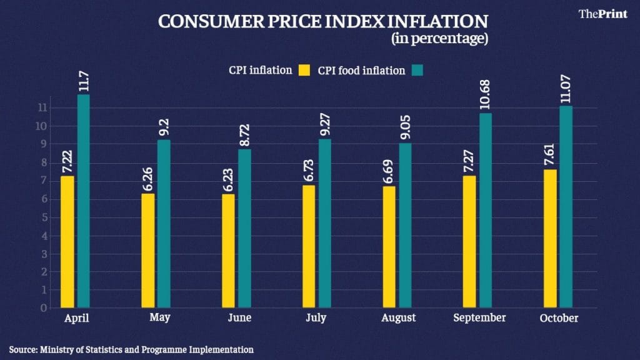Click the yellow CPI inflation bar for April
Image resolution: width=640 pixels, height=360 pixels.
(x=67, y=242)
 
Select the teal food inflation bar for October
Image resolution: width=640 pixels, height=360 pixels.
(x=566, y=207)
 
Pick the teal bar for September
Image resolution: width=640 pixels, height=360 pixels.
(x=485, y=211)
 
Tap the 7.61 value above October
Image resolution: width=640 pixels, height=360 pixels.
(x=549, y=157)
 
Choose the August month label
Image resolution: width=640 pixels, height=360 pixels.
(x=398, y=318)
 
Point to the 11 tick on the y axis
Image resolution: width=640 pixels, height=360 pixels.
(x=42, y=107)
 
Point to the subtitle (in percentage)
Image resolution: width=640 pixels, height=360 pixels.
(x=439, y=38)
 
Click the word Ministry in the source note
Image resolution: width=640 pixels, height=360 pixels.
(x=59, y=350)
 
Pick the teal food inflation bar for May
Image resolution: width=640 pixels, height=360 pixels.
(x=164, y=224)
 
